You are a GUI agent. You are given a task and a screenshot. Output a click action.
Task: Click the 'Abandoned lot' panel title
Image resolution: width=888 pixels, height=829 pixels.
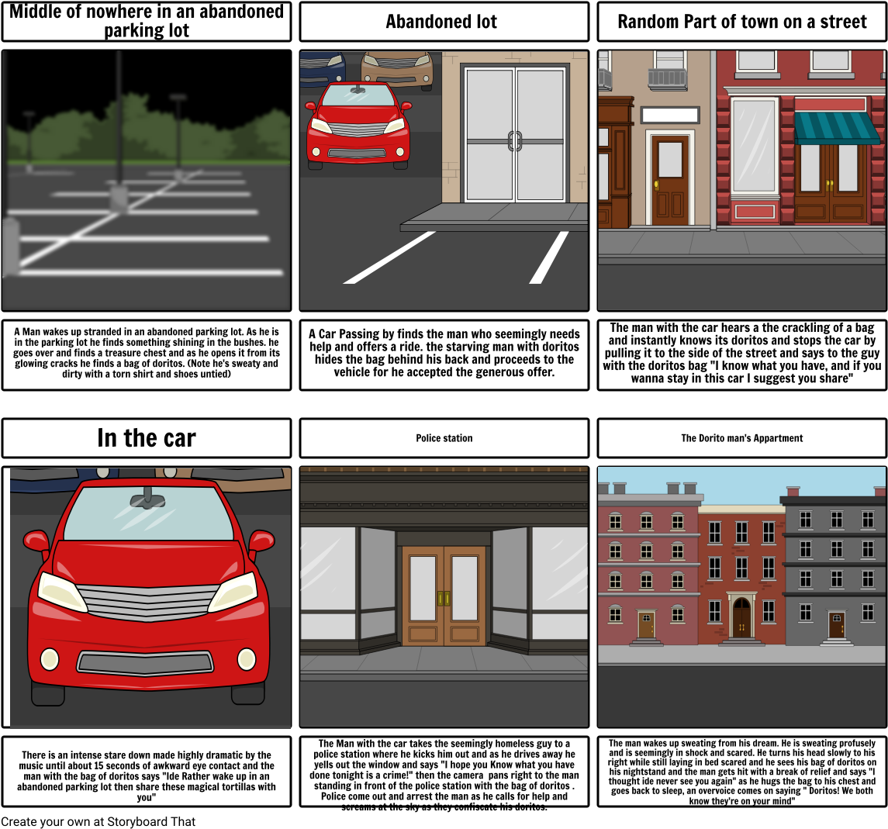click(441, 22)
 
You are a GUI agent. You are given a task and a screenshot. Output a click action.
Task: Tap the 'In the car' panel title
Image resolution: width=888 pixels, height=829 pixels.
click(147, 438)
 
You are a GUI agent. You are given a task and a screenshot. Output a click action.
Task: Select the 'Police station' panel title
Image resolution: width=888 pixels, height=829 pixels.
click(444, 438)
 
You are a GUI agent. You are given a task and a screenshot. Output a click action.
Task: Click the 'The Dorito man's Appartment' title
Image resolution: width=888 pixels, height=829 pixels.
click(741, 438)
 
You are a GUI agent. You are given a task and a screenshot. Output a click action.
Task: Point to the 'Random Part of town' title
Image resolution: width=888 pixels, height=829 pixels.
click(741, 22)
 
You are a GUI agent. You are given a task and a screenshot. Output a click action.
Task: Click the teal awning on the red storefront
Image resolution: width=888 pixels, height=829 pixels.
click(836, 127)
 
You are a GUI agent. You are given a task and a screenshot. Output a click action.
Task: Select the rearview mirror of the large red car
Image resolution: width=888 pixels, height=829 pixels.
click(142, 498)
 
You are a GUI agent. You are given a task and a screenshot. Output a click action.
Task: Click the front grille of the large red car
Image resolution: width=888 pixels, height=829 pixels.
click(147, 602)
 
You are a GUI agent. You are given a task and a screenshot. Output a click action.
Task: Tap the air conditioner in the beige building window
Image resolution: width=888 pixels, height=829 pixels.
click(667, 78)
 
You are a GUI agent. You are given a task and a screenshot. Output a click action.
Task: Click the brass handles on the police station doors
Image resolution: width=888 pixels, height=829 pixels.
click(444, 599)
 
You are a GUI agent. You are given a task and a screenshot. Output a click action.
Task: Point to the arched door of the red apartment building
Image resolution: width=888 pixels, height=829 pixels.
click(742, 617)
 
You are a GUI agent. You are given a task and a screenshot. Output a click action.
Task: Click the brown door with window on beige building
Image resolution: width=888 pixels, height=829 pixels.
click(670, 179)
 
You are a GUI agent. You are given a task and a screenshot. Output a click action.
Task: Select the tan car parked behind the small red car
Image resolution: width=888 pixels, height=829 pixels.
click(398, 66)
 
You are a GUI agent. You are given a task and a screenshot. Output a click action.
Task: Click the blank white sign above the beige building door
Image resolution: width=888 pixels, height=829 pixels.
click(669, 116)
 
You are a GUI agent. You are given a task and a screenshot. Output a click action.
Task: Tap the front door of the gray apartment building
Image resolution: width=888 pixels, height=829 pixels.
click(836, 624)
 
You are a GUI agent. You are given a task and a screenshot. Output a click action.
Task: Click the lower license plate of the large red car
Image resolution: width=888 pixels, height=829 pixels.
click(145, 663)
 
